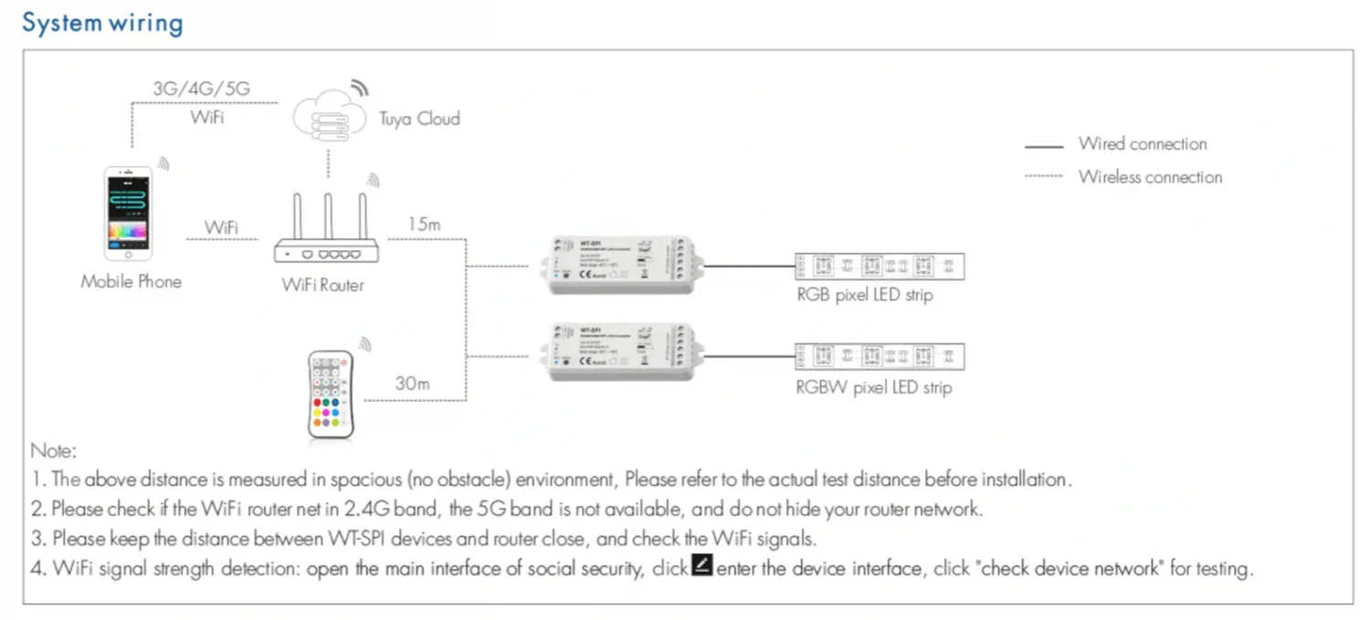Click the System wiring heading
(102, 23)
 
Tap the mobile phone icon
(128, 213)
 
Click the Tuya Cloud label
(419, 119)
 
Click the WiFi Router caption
(322, 285)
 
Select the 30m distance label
(412, 384)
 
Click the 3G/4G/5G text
(201, 89)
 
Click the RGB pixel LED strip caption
(865, 295)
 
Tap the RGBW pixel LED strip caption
(873, 388)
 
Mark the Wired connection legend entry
(1142, 143)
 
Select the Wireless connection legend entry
(1150, 177)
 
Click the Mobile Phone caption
(131, 281)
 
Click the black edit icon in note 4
(702, 565)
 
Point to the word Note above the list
(54, 450)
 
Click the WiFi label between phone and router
(222, 227)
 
